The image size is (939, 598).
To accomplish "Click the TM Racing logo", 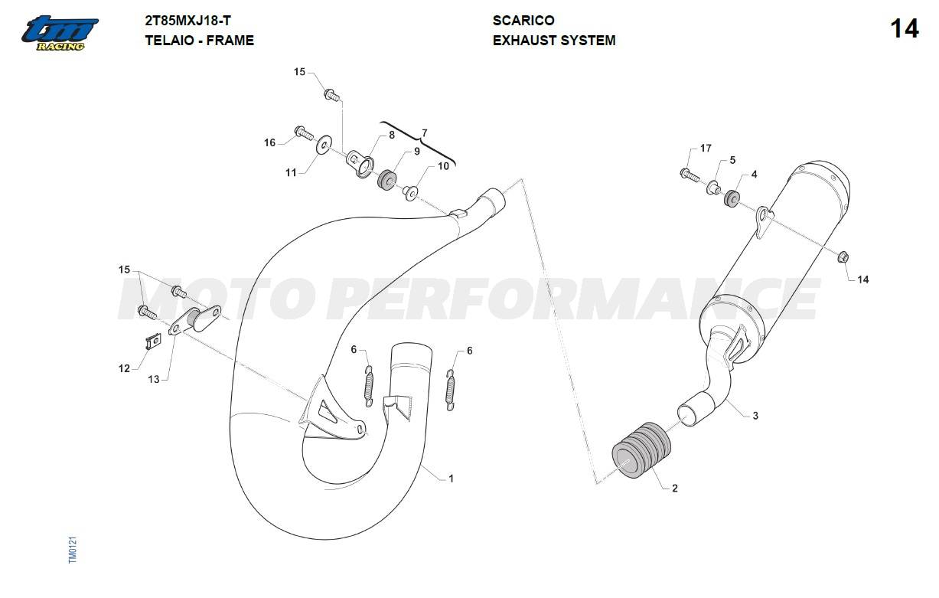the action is click(60, 34).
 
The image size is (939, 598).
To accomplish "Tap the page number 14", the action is click(905, 29).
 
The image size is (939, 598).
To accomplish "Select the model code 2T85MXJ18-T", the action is click(187, 21).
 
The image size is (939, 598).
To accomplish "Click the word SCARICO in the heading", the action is click(523, 20).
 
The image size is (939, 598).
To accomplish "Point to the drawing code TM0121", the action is click(73, 550).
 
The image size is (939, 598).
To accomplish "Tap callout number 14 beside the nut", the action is click(862, 279).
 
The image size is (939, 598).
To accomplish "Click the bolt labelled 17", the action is click(690, 175).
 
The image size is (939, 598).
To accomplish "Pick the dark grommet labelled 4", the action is click(732, 198).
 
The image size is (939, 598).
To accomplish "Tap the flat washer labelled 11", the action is click(323, 145).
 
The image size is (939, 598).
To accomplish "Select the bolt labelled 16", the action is click(304, 132).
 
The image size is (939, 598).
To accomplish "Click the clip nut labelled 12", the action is click(153, 341).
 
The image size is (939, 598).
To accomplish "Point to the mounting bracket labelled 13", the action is click(195, 320).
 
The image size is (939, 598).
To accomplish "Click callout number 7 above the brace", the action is click(425, 133).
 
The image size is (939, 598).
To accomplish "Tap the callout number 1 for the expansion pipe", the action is click(451, 478).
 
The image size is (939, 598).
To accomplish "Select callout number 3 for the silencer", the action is click(755, 416).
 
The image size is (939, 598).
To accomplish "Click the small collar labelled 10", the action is click(410, 193).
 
